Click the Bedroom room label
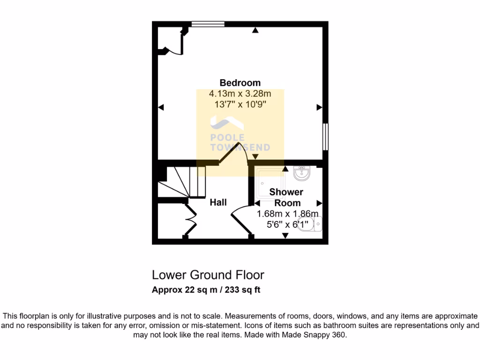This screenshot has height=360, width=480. [x=240, y=83]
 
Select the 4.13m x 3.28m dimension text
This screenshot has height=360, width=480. [x=240, y=94]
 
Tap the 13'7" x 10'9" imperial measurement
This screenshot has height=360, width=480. [x=240, y=104]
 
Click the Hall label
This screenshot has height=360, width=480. [x=218, y=202]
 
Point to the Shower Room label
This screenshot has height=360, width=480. [x=287, y=197]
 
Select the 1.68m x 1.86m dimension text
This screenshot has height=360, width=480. [x=287, y=214]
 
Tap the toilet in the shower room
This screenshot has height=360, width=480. [x=312, y=224]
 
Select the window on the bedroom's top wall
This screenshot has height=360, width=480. [x=208, y=24]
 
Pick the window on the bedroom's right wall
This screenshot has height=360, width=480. [x=325, y=137]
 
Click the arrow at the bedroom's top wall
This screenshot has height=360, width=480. [x=255, y=31]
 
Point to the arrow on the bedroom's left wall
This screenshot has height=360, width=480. [x=161, y=108]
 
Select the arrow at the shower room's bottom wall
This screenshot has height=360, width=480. [x=285, y=235]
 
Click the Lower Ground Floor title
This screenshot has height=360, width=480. [x=208, y=275]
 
